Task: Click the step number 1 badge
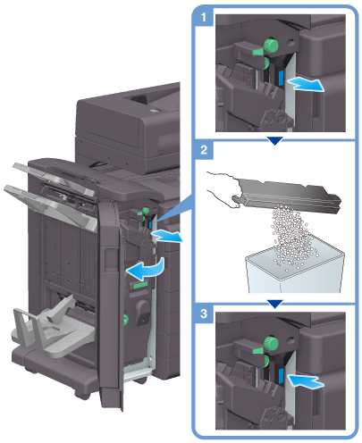204,17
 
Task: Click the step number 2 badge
204,150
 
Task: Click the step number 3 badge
204,313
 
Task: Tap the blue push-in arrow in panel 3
305,380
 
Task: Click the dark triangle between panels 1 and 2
274,140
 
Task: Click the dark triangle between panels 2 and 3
274,304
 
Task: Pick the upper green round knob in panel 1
271,45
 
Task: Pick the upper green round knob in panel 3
271,343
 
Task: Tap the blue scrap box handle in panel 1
280,79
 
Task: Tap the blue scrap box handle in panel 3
280,376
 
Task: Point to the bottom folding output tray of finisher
54,328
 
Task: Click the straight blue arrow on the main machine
166,236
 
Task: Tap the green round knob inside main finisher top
146,211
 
